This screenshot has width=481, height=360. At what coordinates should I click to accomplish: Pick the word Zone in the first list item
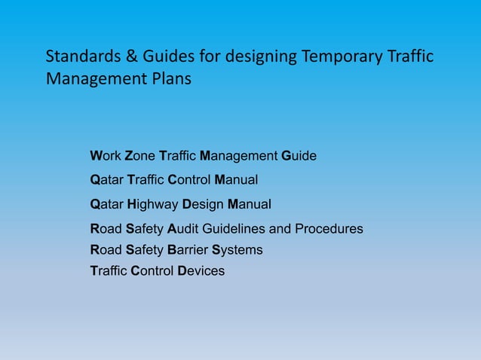pos(139,156)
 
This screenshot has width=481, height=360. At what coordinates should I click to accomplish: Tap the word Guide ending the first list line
pos(299,156)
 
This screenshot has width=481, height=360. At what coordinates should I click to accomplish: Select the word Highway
pos(153,204)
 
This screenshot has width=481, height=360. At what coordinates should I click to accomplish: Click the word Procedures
pos(329,228)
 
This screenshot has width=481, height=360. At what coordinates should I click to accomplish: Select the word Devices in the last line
pos(201,270)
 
